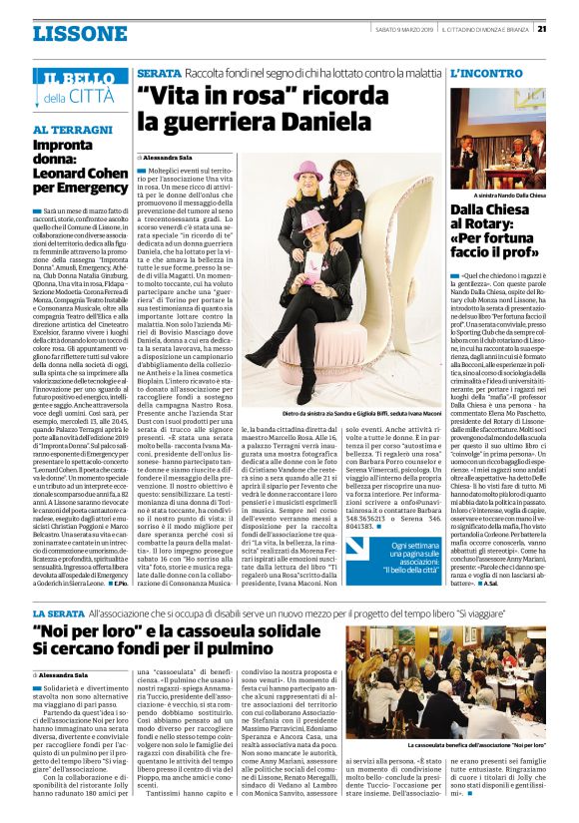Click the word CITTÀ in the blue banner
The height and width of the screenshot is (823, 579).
(x=91, y=97)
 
